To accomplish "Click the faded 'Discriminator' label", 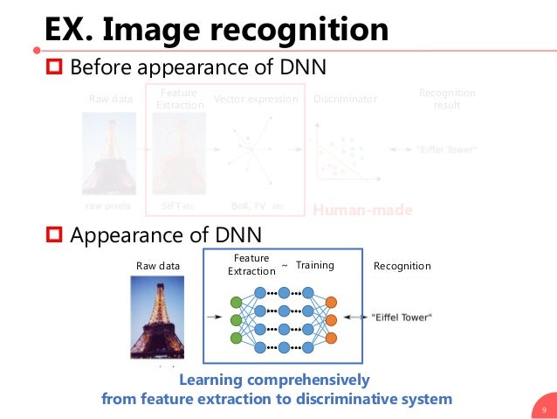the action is [x=345, y=100].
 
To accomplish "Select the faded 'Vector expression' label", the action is [x=257, y=100].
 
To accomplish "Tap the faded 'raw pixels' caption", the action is [x=108, y=206].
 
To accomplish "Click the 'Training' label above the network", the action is [x=314, y=265].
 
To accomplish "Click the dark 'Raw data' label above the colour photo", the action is [x=158, y=266].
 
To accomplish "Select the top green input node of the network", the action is [x=236, y=303].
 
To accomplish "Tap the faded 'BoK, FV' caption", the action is [x=249, y=206].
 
